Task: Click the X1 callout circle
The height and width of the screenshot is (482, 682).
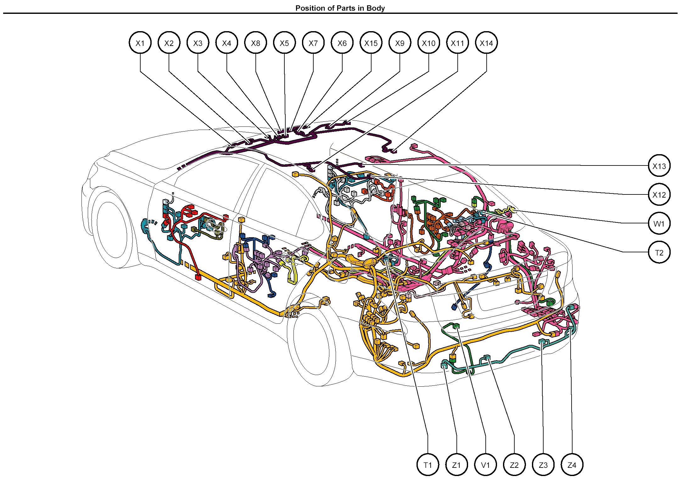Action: point(140,43)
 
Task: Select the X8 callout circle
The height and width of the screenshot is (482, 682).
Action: point(255,43)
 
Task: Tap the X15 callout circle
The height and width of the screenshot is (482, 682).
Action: point(371,43)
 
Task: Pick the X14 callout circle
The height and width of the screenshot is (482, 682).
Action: point(486,43)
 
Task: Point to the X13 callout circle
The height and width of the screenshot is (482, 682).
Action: point(659,166)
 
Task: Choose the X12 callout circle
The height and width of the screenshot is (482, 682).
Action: point(659,195)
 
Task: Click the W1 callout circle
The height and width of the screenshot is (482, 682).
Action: point(659,224)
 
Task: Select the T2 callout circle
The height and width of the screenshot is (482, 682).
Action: point(659,252)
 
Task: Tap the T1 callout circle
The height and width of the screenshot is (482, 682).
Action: point(428,465)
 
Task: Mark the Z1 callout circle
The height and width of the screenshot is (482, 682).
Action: point(456,465)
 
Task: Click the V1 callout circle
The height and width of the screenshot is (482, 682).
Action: point(485,465)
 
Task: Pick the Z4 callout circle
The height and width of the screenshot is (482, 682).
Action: point(572,465)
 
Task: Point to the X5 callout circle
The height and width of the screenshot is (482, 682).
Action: point(284,43)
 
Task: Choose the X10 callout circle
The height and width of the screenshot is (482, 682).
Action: point(429,43)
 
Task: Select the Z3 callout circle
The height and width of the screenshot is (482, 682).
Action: point(543,465)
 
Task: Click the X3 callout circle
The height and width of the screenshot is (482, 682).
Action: point(198,43)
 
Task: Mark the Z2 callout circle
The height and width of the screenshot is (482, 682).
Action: point(514,465)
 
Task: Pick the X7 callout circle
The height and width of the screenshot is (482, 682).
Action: point(313,43)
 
